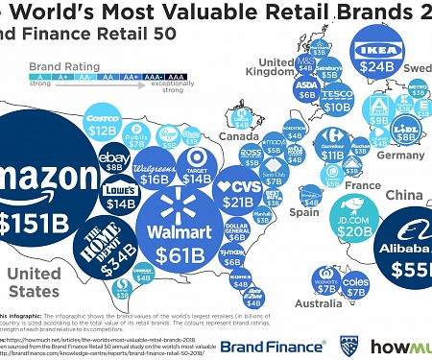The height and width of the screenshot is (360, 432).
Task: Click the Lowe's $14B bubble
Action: coord(121,196)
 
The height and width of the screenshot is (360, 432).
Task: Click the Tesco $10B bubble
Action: coord(337,100)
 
